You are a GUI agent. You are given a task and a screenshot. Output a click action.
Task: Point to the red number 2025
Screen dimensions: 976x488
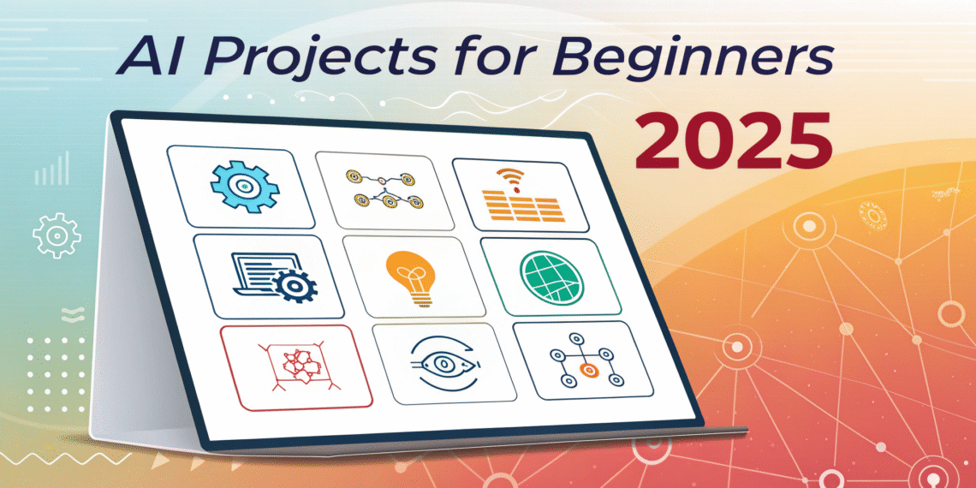[732, 141]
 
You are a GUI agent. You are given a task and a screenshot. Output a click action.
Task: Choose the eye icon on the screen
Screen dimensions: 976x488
[443, 363]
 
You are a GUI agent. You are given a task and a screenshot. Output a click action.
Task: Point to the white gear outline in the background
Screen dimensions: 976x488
[57, 235]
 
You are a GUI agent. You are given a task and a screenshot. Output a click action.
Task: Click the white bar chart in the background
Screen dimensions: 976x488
[51, 169]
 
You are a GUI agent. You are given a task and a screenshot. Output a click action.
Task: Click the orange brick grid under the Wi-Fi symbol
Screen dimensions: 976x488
[523, 208]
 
